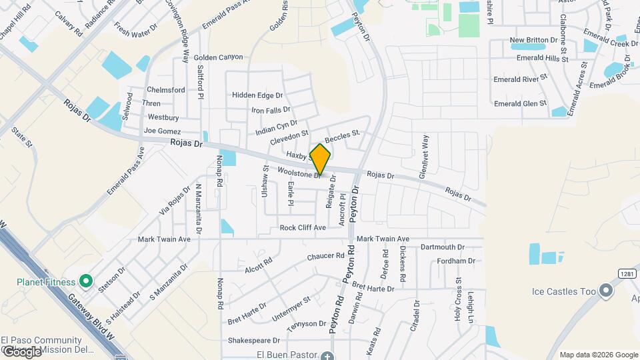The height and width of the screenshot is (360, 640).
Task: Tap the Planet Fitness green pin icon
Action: pos(85,281)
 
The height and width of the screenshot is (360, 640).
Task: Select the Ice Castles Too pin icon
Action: pos(605,291)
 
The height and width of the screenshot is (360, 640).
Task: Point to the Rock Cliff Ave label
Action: pos(303,227)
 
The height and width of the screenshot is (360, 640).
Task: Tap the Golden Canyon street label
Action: pos(219,58)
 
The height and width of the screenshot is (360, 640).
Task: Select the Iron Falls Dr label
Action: pos(270,109)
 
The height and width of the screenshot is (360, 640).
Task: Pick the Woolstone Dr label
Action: pos(301,173)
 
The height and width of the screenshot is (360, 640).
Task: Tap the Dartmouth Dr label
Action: pos(443,247)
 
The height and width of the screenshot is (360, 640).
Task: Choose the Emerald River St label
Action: pos(520,79)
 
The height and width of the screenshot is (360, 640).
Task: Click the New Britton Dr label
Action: pos(533,41)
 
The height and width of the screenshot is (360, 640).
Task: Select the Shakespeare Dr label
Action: pos(253,340)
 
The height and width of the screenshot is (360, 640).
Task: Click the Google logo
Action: pos(21,351)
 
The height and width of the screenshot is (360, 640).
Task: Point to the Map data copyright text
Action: pos(598,355)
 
